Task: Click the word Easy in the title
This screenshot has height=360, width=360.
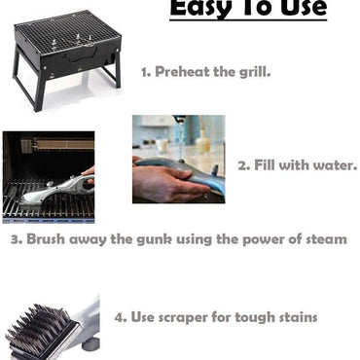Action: (201, 9)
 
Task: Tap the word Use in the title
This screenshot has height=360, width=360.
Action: (300, 9)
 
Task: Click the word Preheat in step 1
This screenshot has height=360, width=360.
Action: (184, 71)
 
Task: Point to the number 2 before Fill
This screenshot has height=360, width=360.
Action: (242, 164)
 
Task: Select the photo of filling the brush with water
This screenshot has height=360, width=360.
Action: (178, 159)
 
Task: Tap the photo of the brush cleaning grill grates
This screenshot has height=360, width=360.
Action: (48, 176)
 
